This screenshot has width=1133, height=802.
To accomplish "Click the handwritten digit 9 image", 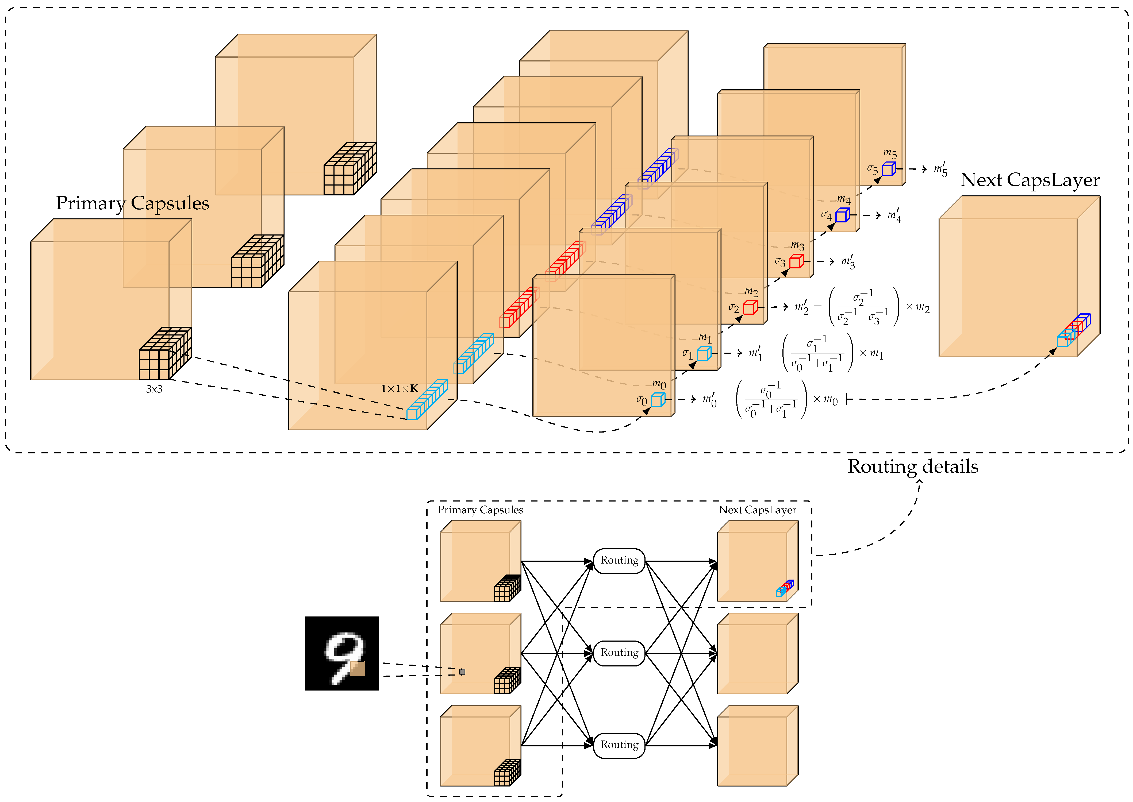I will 342,653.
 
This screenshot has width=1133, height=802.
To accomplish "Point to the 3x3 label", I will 154,389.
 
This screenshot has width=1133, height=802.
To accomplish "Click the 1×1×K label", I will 399,389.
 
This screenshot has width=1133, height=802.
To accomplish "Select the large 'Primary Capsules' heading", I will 132,203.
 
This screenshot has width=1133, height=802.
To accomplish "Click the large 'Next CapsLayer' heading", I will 1030,180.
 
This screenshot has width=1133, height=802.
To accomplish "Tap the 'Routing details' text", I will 913,466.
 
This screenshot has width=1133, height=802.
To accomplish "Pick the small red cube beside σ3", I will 796,261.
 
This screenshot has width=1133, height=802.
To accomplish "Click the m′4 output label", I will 894,216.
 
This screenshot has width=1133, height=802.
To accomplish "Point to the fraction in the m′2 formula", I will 863,307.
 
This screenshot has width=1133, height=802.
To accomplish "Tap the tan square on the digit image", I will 357,669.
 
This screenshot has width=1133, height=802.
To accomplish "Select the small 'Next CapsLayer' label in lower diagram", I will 757,510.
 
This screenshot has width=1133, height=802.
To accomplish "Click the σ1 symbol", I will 687,354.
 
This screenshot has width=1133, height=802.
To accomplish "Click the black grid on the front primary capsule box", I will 165,354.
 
